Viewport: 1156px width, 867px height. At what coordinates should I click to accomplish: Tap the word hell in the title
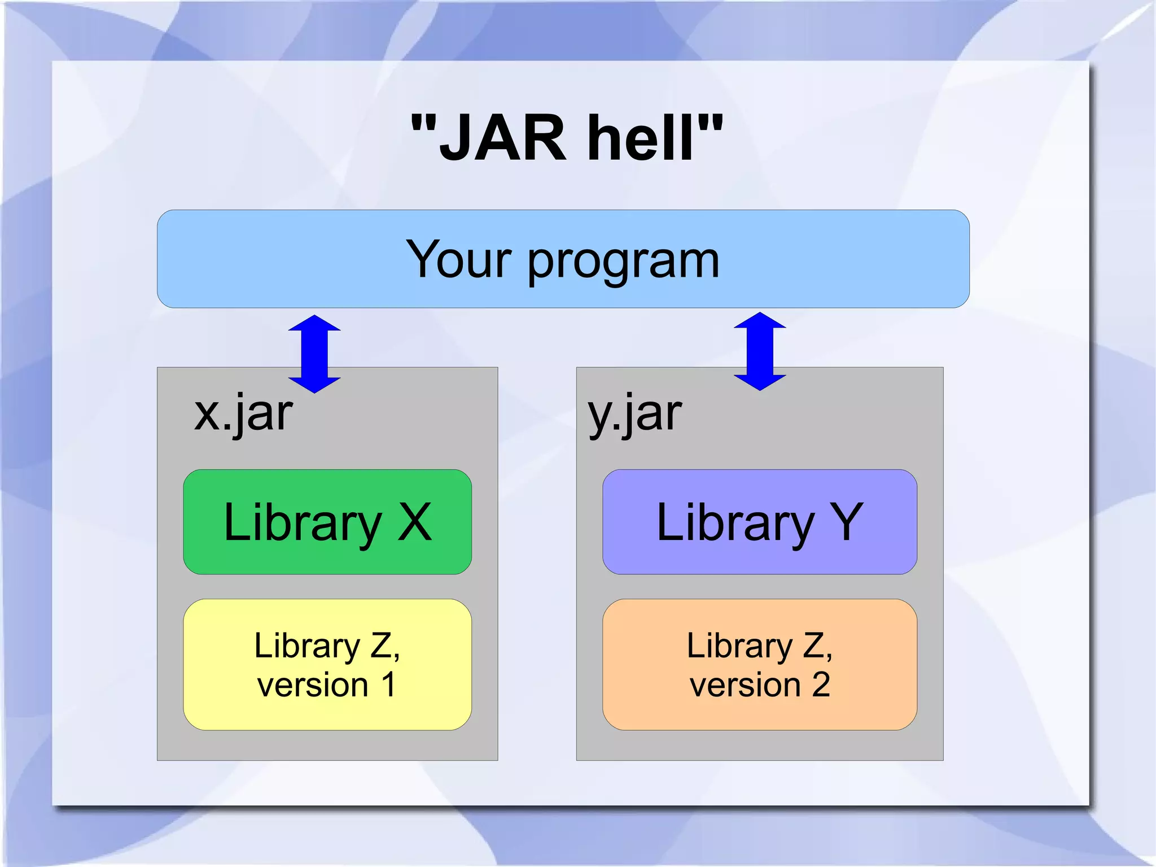point(640,138)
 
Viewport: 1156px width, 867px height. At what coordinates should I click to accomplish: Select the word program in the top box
point(623,263)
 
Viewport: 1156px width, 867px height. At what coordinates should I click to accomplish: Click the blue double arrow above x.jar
point(314,354)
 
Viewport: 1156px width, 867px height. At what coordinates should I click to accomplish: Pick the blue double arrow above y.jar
point(760,351)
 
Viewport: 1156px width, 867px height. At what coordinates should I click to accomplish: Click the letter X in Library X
point(415,522)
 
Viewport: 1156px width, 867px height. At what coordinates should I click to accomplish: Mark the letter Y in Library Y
point(846,522)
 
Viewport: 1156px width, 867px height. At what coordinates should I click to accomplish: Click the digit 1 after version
point(388,685)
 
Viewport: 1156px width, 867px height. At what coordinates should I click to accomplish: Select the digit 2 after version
point(821,685)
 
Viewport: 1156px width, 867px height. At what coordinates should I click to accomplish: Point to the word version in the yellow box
point(313,686)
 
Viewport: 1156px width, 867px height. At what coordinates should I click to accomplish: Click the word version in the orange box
point(745,686)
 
